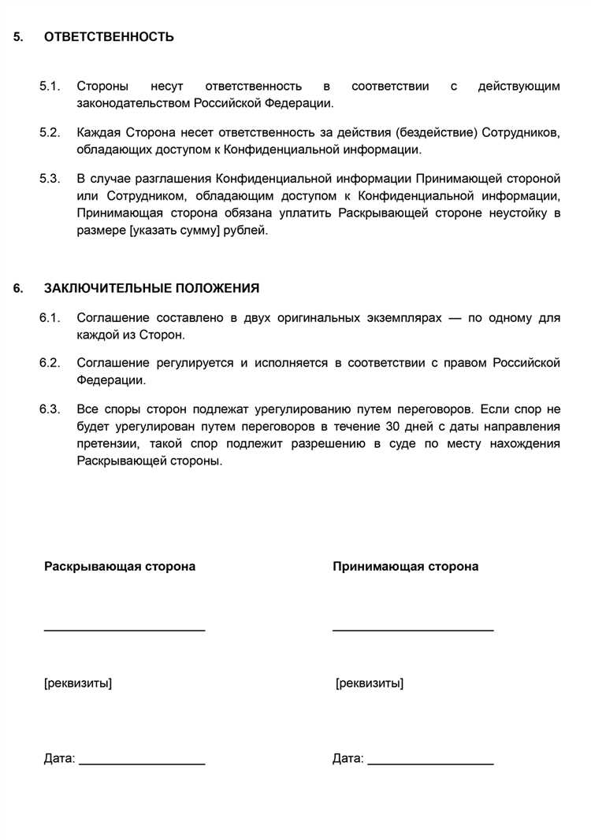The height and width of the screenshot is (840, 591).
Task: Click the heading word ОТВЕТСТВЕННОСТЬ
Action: click(x=109, y=37)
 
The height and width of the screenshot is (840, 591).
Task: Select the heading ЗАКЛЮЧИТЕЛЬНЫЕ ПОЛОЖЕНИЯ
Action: click(x=151, y=288)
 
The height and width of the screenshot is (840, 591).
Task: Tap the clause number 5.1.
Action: click(x=50, y=86)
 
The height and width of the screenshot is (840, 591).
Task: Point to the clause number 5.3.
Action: click(x=50, y=179)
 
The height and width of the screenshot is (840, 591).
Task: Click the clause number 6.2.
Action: click(x=50, y=363)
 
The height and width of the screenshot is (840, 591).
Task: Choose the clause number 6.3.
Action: click(x=50, y=409)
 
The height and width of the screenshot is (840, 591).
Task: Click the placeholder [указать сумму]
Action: click(x=176, y=231)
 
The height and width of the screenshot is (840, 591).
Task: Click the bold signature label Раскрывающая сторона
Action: click(x=120, y=567)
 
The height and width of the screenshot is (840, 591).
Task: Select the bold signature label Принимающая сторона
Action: click(x=405, y=567)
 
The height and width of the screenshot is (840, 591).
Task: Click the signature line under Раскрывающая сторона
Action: click(x=125, y=631)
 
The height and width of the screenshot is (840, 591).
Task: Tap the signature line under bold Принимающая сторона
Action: click(x=413, y=631)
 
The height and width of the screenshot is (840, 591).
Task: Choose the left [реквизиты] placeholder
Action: click(x=78, y=683)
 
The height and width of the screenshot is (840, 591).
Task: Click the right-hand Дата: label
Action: click(x=348, y=759)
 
